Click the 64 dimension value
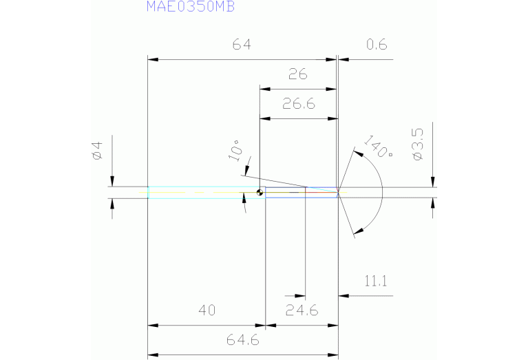pyautogui.click(x=242, y=45)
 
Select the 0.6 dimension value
pyautogui.click(x=377, y=45)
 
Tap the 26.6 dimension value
pyautogui.click(x=298, y=104)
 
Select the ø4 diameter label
pyautogui.click(x=96, y=151)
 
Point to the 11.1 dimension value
pyautogui.click(x=377, y=281)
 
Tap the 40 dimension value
pyautogui.click(x=207, y=310)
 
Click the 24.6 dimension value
pyautogui.click(x=302, y=310)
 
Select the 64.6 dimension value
pyautogui.click(x=242, y=340)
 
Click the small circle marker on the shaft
pyautogui.click(x=260, y=193)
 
